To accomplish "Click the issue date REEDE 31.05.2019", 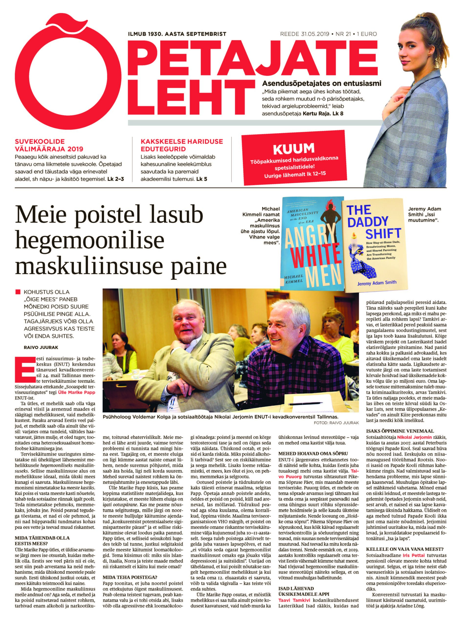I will pyautogui.click(x=304, y=34).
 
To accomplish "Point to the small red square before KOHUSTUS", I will pyautogui.click(x=18, y=291).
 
